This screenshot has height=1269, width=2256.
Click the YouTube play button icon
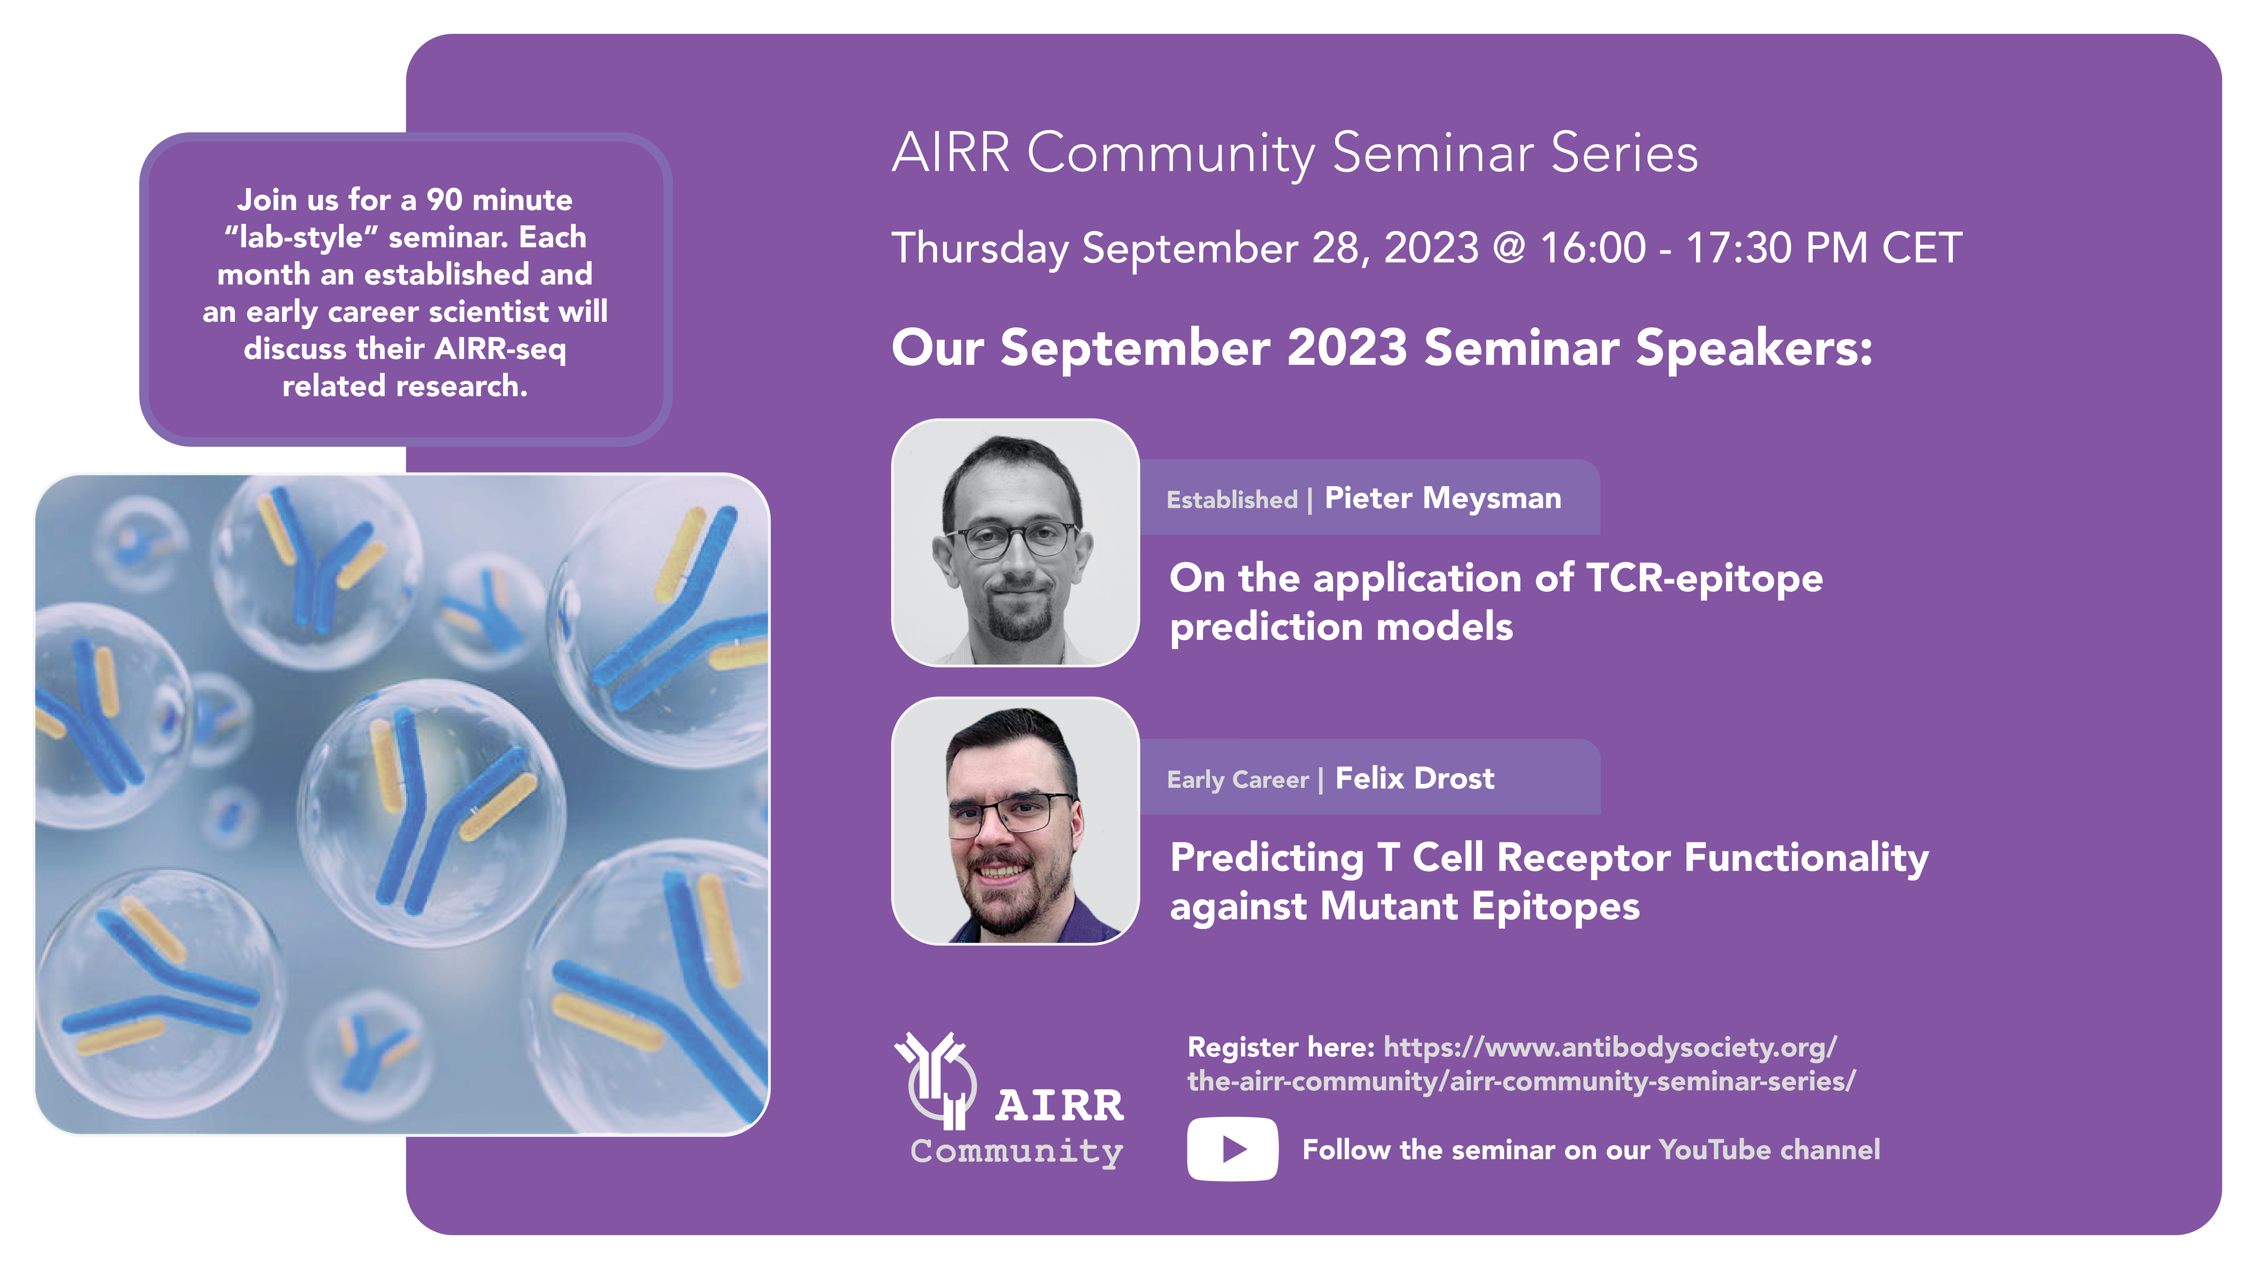coord(1232,1149)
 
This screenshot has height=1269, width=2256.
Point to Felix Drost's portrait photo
coord(1015,821)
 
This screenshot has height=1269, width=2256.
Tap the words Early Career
coord(1237,779)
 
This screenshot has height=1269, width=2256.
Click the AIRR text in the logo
coord(1060,1105)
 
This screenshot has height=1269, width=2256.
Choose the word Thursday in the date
coord(980,249)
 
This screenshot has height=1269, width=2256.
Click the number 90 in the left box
coord(444,200)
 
